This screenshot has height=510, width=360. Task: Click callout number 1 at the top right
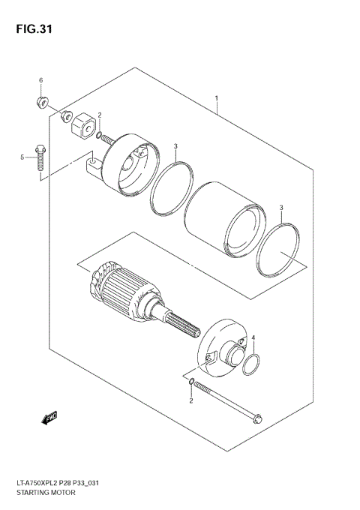coord(216,98)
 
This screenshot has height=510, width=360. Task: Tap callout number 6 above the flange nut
coord(41,80)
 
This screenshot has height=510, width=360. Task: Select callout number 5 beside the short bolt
coord(23,157)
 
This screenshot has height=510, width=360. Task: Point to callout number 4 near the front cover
coord(253,338)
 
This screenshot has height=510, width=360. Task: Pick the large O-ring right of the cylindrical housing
coord(278,250)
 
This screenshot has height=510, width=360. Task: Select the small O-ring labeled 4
coord(253,365)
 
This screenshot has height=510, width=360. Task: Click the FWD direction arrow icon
coord(50,417)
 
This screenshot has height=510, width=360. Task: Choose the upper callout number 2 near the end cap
coord(99,115)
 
